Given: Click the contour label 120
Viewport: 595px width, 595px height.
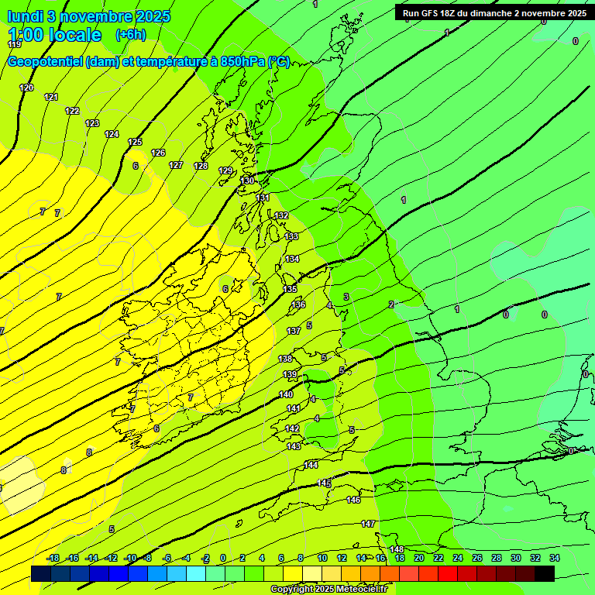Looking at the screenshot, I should click(x=26, y=88).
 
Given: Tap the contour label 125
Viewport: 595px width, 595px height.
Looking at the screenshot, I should click(x=135, y=142).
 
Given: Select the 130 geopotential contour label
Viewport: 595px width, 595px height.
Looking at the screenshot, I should click(x=247, y=181).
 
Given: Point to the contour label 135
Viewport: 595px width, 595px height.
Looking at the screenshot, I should click(x=290, y=289).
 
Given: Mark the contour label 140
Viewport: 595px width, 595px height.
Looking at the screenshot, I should click(x=286, y=394).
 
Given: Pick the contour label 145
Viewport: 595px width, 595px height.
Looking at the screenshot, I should click(x=324, y=483).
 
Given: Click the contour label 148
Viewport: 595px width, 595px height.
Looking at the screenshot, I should click(x=397, y=549).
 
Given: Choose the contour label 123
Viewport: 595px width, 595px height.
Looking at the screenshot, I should click(x=92, y=123).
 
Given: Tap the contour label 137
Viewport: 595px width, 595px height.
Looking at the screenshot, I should click(x=294, y=331).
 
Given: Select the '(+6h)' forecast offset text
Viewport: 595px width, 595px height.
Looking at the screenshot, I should click(x=130, y=35).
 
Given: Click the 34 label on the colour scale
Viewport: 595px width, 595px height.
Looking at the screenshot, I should click(x=555, y=558).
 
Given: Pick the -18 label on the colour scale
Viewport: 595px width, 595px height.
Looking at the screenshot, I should click(x=53, y=558).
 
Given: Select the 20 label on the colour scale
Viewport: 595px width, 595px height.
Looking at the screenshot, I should click(x=418, y=558).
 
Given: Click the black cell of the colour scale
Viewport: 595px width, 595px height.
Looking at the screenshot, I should click(x=544, y=573).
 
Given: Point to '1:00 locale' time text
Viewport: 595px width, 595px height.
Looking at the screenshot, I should click(x=54, y=35).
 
